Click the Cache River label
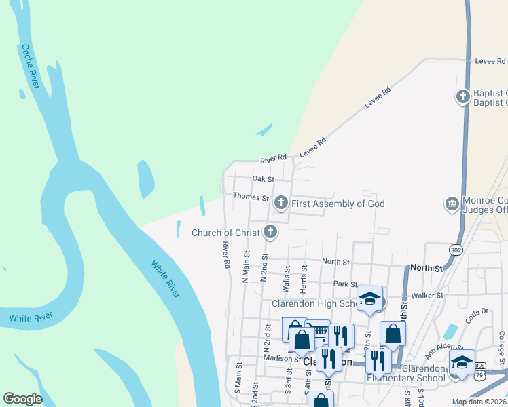coord(31,66)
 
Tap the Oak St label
coord(263,179)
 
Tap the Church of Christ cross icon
coord(270,233)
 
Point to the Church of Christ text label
coord(225,233)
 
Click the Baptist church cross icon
coord(463,97)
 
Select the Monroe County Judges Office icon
coord(452,203)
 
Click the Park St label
coord(345,284)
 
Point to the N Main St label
coord(246,266)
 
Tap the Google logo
coord(22,399)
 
